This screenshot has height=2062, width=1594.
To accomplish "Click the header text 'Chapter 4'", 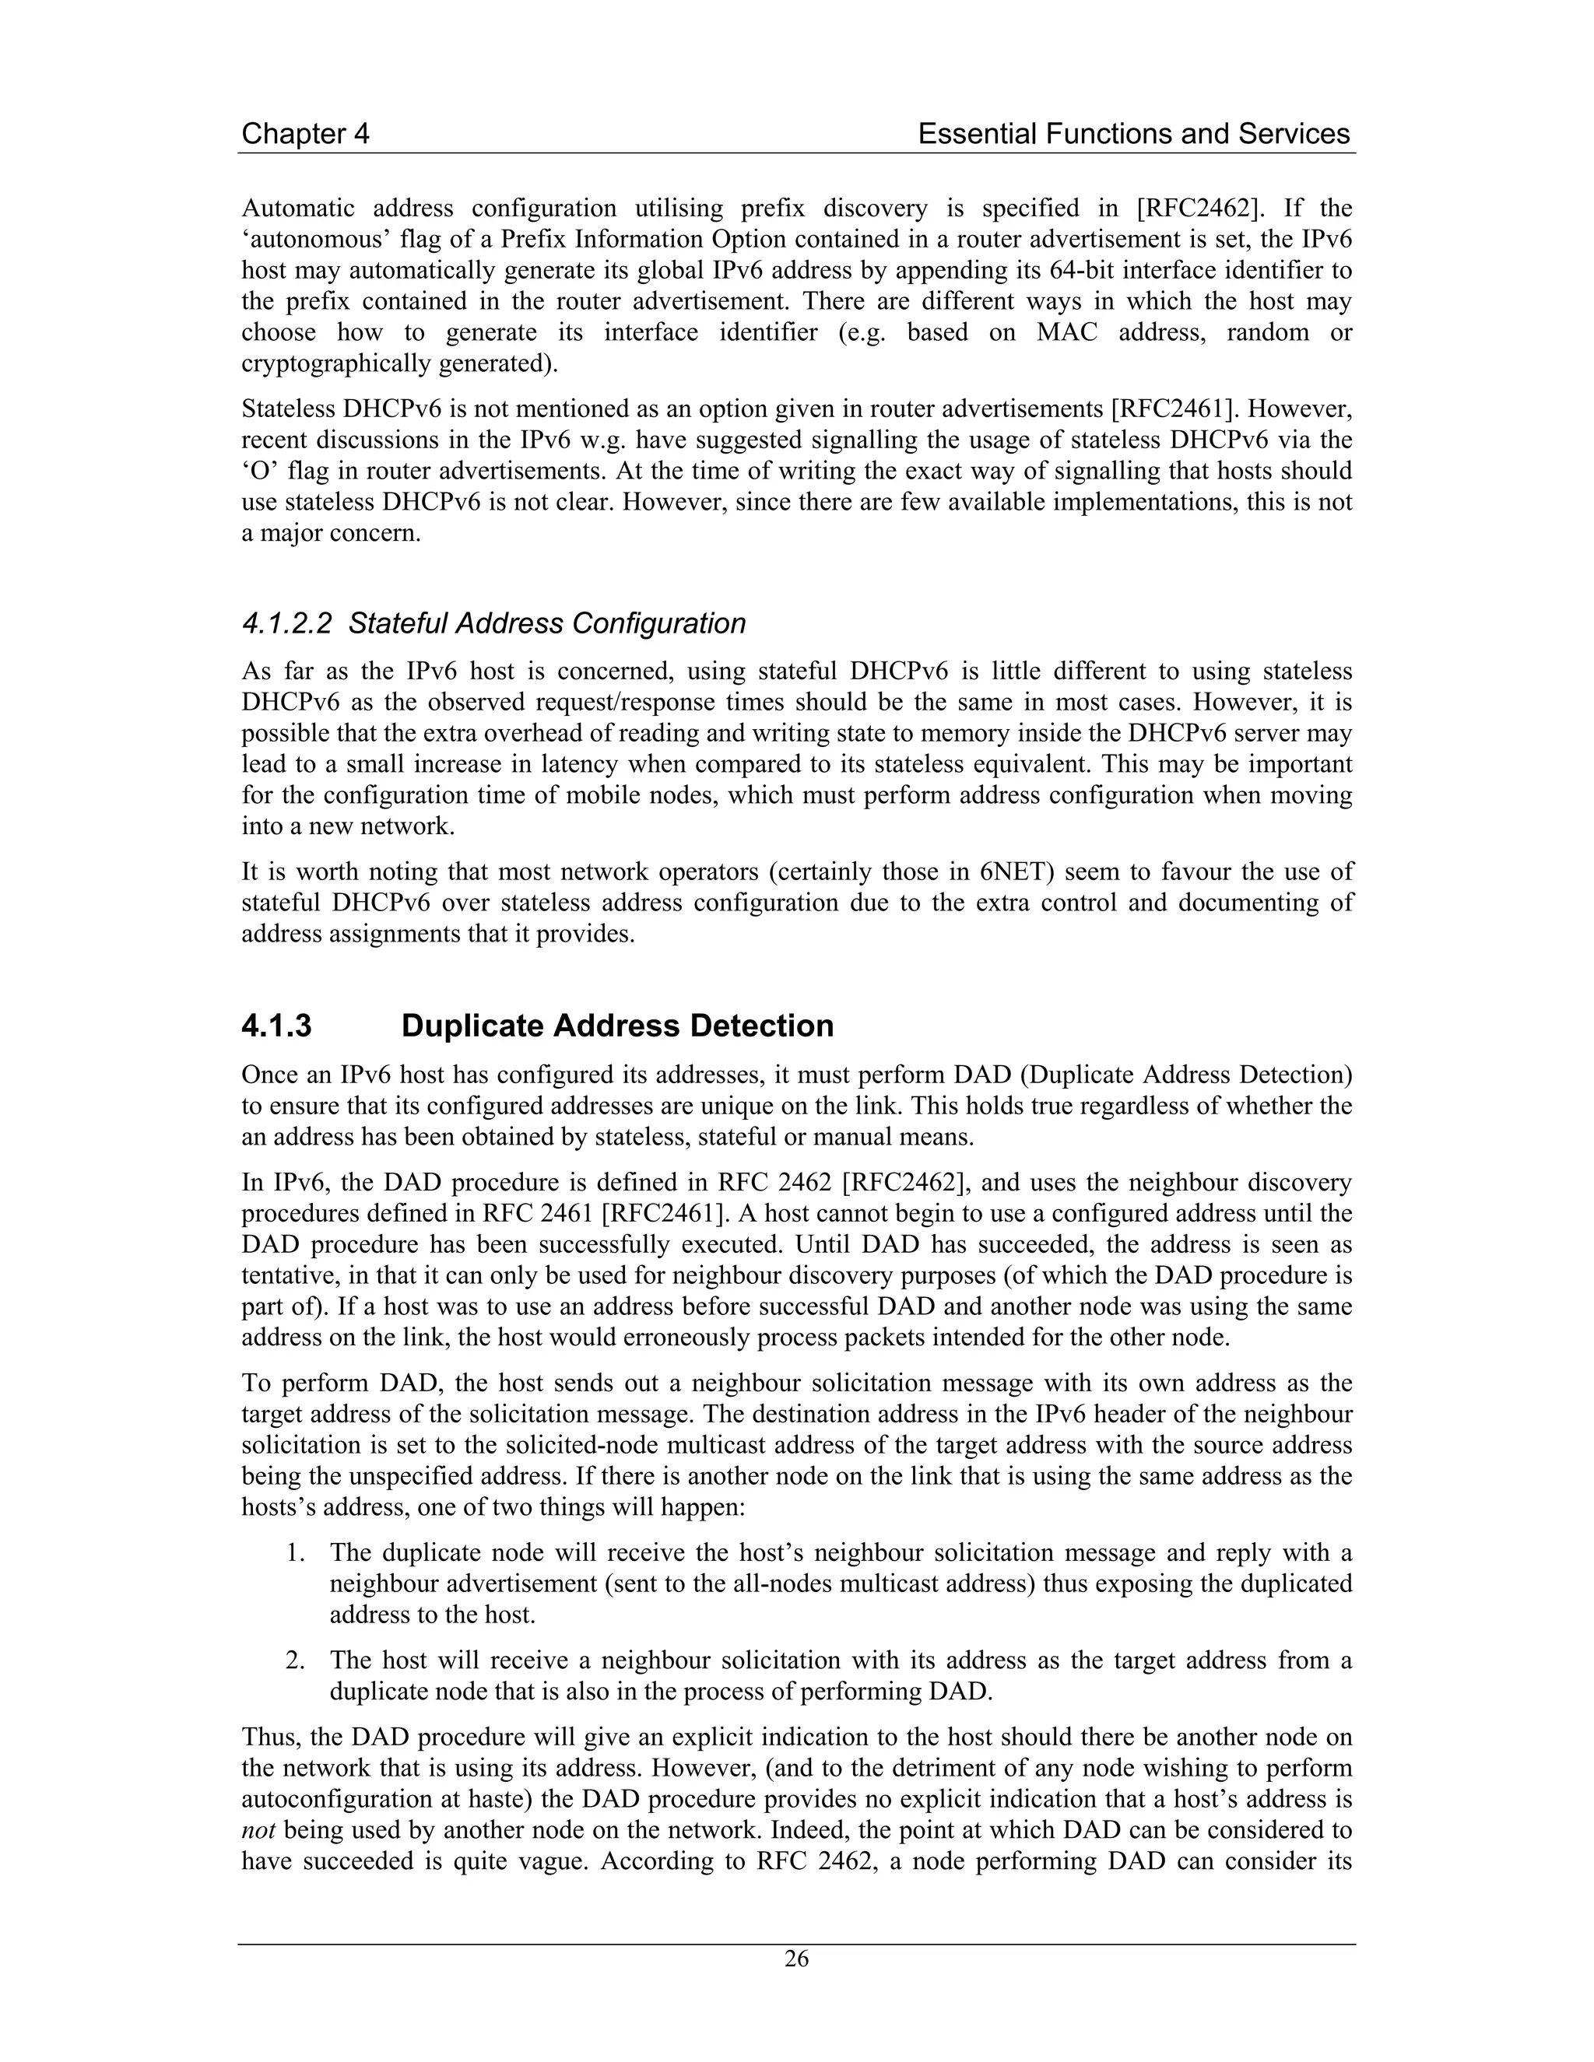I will (x=305, y=134).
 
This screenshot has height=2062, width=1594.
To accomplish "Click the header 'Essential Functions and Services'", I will (x=1133, y=134).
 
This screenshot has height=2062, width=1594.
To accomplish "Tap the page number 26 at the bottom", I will (x=796, y=1959).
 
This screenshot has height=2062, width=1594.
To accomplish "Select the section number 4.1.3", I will (x=276, y=1026).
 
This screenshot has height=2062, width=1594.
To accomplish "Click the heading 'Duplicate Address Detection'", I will (x=616, y=1026).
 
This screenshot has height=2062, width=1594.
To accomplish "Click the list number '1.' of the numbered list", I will (x=296, y=1553).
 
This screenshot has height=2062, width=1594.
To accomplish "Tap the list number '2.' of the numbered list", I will (x=296, y=1660).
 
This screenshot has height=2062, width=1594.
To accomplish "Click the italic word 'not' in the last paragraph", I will (x=258, y=1830).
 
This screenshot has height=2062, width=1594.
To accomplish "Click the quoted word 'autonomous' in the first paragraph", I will (x=313, y=240).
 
